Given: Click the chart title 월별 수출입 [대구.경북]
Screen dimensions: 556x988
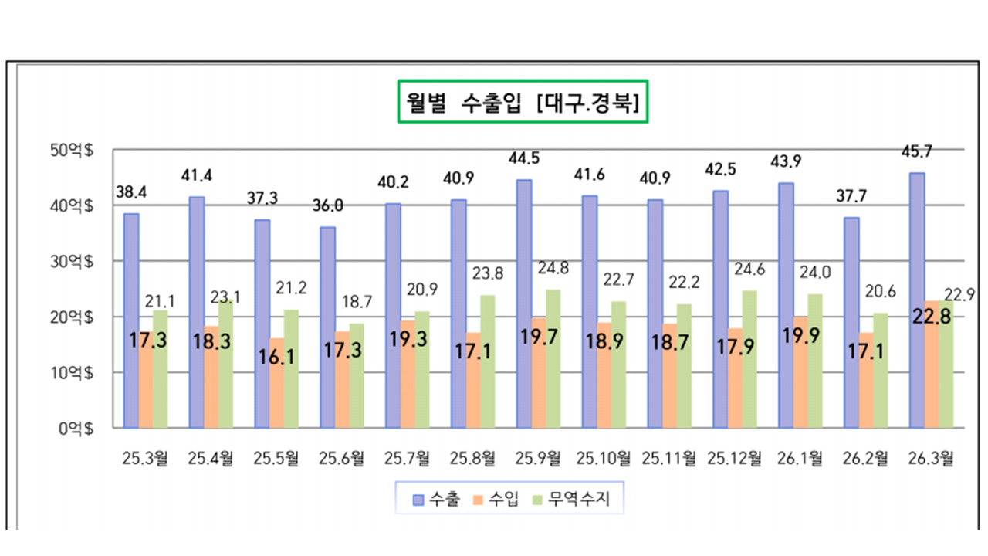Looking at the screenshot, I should click(523, 101).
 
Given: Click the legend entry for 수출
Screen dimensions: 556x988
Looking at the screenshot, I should click(437, 500).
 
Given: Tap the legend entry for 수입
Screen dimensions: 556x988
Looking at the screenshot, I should click(497, 500).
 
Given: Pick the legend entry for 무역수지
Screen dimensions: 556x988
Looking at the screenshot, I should click(572, 500).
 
